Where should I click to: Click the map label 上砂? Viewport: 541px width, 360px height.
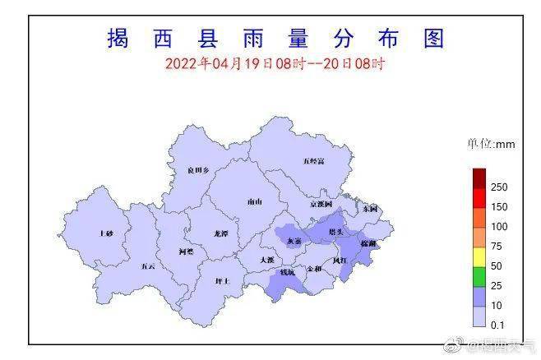[x=105, y=233]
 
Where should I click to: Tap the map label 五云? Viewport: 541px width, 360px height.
[x=147, y=265]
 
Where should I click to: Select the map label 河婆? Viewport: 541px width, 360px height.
[x=187, y=251]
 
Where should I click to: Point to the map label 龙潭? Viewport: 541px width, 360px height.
[x=220, y=233]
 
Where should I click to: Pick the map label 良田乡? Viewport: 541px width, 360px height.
[x=197, y=170]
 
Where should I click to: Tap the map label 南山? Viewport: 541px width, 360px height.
[x=255, y=201]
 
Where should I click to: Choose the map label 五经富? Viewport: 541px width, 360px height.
[x=313, y=161]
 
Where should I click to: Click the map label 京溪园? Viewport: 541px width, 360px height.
[x=321, y=203]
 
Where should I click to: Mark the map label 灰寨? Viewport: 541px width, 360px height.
[x=294, y=241]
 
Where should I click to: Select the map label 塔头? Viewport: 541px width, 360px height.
[x=336, y=233]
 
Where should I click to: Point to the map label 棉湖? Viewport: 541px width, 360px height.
[x=368, y=244]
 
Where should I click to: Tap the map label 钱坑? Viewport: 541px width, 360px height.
[x=287, y=271]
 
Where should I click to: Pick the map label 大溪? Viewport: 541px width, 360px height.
[x=266, y=259]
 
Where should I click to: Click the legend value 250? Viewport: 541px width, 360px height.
[x=499, y=187]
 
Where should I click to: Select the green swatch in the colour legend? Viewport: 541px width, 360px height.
[x=479, y=266]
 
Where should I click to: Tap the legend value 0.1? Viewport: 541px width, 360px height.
[x=497, y=325]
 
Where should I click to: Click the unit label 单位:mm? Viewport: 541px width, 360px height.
[x=491, y=145]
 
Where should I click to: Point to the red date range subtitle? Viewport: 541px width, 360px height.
[x=275, y=62]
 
